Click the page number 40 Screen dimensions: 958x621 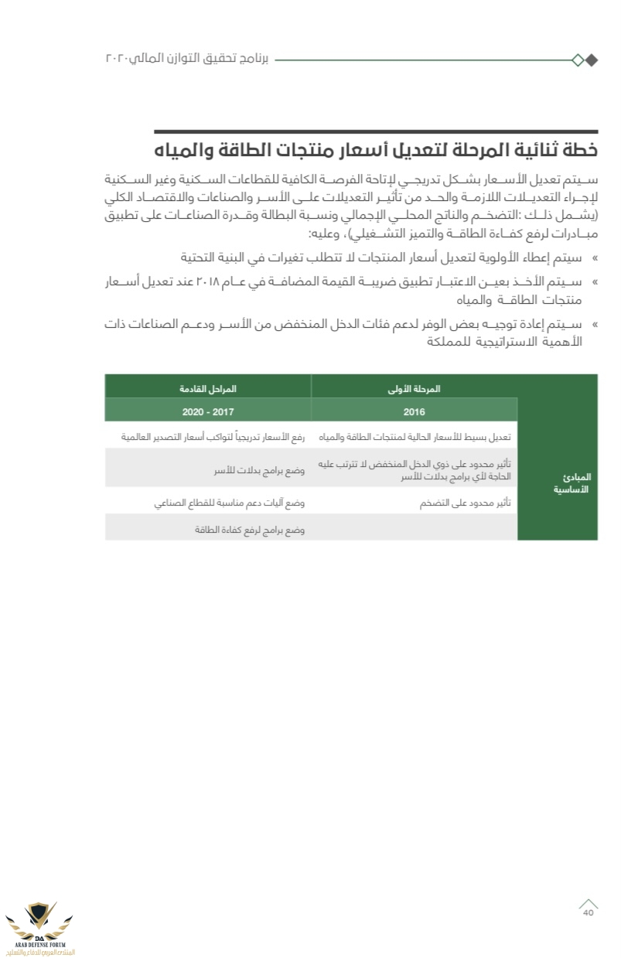(x=588, y=913)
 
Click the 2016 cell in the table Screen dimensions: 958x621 (x=414, y=411)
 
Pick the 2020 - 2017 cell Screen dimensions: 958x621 (x=208, y=411)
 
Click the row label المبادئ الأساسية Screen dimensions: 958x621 (x=572, y=483)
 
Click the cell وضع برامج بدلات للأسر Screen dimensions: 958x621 (x=259, y=470)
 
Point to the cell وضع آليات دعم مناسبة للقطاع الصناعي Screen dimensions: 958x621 (x=229, y=503)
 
